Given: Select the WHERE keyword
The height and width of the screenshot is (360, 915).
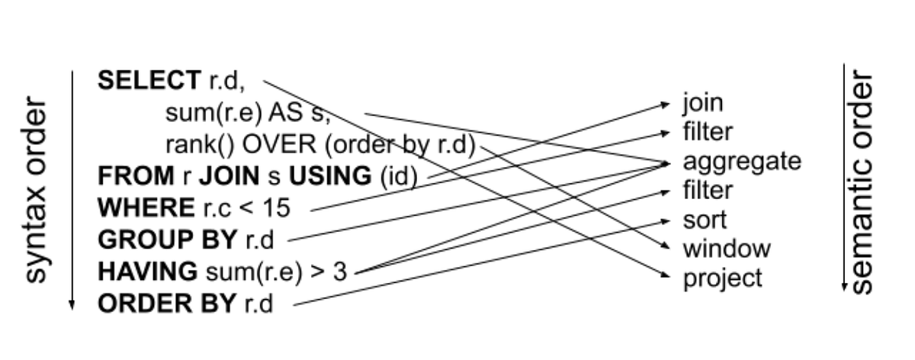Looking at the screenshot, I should (146, 207).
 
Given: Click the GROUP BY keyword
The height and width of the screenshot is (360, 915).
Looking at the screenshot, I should (167, 239).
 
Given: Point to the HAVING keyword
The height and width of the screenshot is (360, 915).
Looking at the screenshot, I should (147, 272).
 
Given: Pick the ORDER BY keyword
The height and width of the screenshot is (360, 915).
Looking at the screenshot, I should (167, 304).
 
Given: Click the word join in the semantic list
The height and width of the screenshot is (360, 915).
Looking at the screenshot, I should (702, 104).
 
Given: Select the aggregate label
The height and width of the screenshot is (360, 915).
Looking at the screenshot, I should (741, 162).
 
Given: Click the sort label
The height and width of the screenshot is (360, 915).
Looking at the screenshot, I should (705, 220).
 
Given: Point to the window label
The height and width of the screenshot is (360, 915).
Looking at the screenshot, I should (727, 249).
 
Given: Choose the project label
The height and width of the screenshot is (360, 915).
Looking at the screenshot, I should (722, 278).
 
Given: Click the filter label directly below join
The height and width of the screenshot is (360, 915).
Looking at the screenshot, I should (707, 133).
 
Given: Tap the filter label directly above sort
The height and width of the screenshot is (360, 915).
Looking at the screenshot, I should (707, 191).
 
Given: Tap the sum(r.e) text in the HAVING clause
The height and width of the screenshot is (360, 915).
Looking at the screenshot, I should (239, 272).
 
